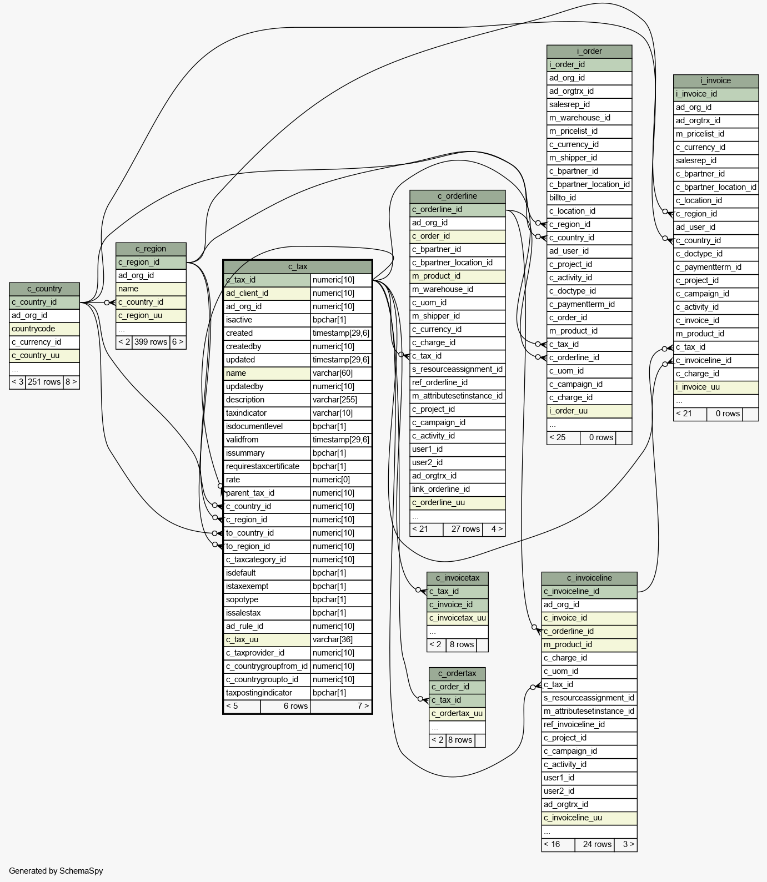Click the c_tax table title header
pyautogui.click(x=298, y=266)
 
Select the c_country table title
pyautogui.click(x=44, y=289)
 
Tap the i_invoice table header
pyautogui.click(x=716, y=80)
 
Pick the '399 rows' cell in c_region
pyautogui.click(x=151, y=342)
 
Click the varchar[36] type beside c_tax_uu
pyautogui.click(x=333, y=639)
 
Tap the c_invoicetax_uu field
pyautogui.click(x=458, y=618)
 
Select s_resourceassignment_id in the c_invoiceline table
pyautogui.click(x=589, y=698)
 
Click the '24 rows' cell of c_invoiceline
pyautogui.click(x=597, y=844)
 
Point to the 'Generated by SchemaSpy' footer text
pyautogui.click(x=56, y=870)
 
